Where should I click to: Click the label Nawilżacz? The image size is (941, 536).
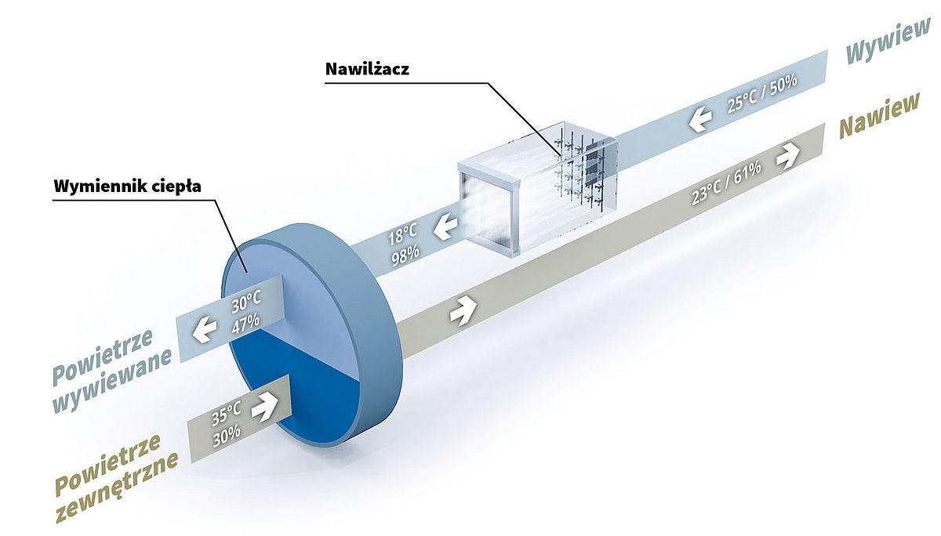pos(367,69)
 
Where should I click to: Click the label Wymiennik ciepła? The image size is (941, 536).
pos(127,186)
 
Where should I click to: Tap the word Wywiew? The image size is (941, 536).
pos(887,41)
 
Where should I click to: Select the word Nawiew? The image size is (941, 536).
pos(879,115)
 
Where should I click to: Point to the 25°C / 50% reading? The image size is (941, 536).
pos(762,93)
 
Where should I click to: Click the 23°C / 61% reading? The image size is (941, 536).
pos(726,183)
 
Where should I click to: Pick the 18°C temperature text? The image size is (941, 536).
pos(402,234)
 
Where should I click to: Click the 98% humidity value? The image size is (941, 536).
pos(405,255)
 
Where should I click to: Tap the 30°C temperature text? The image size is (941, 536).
pos(246,301)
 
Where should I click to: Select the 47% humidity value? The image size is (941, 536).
pos(245,324)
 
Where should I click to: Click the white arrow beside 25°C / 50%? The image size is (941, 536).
pos(700,118)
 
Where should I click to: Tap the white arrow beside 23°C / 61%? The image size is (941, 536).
pos(788,156)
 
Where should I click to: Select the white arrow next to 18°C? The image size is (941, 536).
pos(445,226)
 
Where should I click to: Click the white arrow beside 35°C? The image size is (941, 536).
pos(265,407)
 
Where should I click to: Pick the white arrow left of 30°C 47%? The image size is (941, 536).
pos(205,329)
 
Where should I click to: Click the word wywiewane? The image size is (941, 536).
pos(112,381)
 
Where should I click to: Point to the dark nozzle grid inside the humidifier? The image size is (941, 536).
pos(582,169)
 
